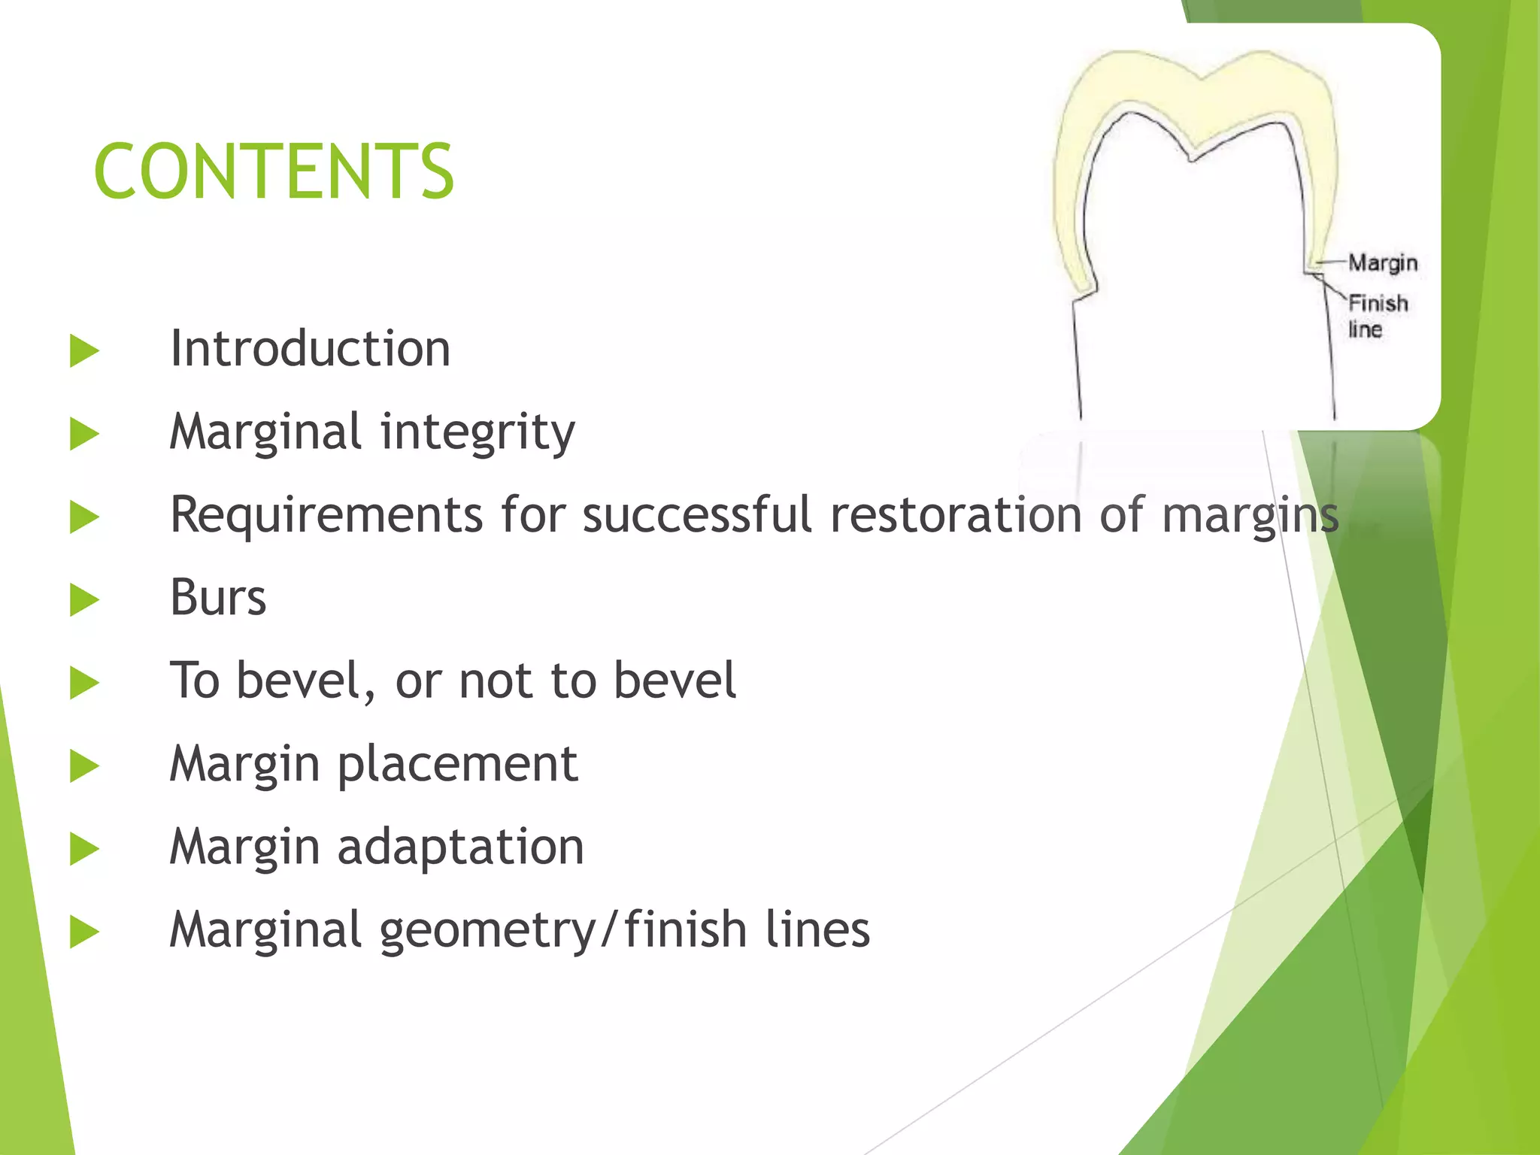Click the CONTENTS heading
tap(274, 171)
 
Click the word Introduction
tap(310, 349)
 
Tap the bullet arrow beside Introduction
tap(84, 351)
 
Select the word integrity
tap(477, 433)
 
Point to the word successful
tap(697, 515)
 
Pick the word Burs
tap(218, 598)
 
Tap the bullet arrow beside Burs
tap(84, 600)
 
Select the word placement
tap(457, 765)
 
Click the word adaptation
tap(460, 847)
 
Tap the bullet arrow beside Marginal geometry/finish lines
tap(84, 932)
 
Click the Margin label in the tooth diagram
tap(1382, 263)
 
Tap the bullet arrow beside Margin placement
tap(84, 766)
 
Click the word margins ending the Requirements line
tap(1250, 517)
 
